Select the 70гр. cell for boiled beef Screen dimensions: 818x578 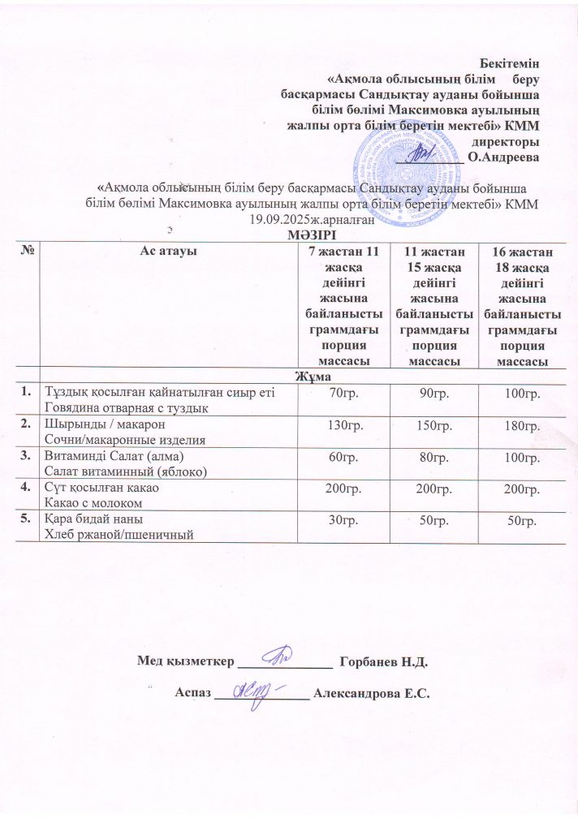click(343, 393)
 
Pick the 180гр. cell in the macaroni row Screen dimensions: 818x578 click(523, 426)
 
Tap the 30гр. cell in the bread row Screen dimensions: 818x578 click(343, 520)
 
